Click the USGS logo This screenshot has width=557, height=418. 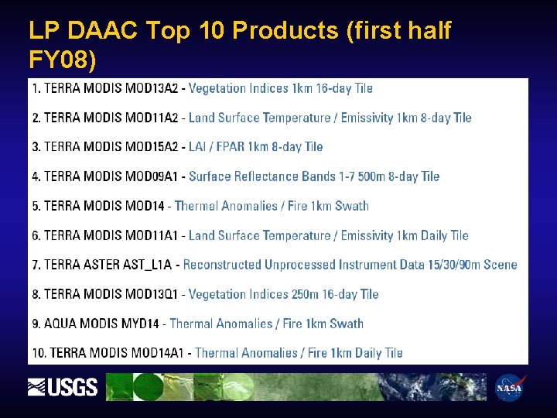tap(63, 386)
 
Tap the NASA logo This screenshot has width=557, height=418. tap(510, 387)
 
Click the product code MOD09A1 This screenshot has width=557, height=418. tap(152, 176)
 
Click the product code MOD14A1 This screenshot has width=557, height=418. tap(158, 353)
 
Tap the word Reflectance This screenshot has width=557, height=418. tap(273, 176)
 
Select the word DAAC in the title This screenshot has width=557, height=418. tap(103, 30)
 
